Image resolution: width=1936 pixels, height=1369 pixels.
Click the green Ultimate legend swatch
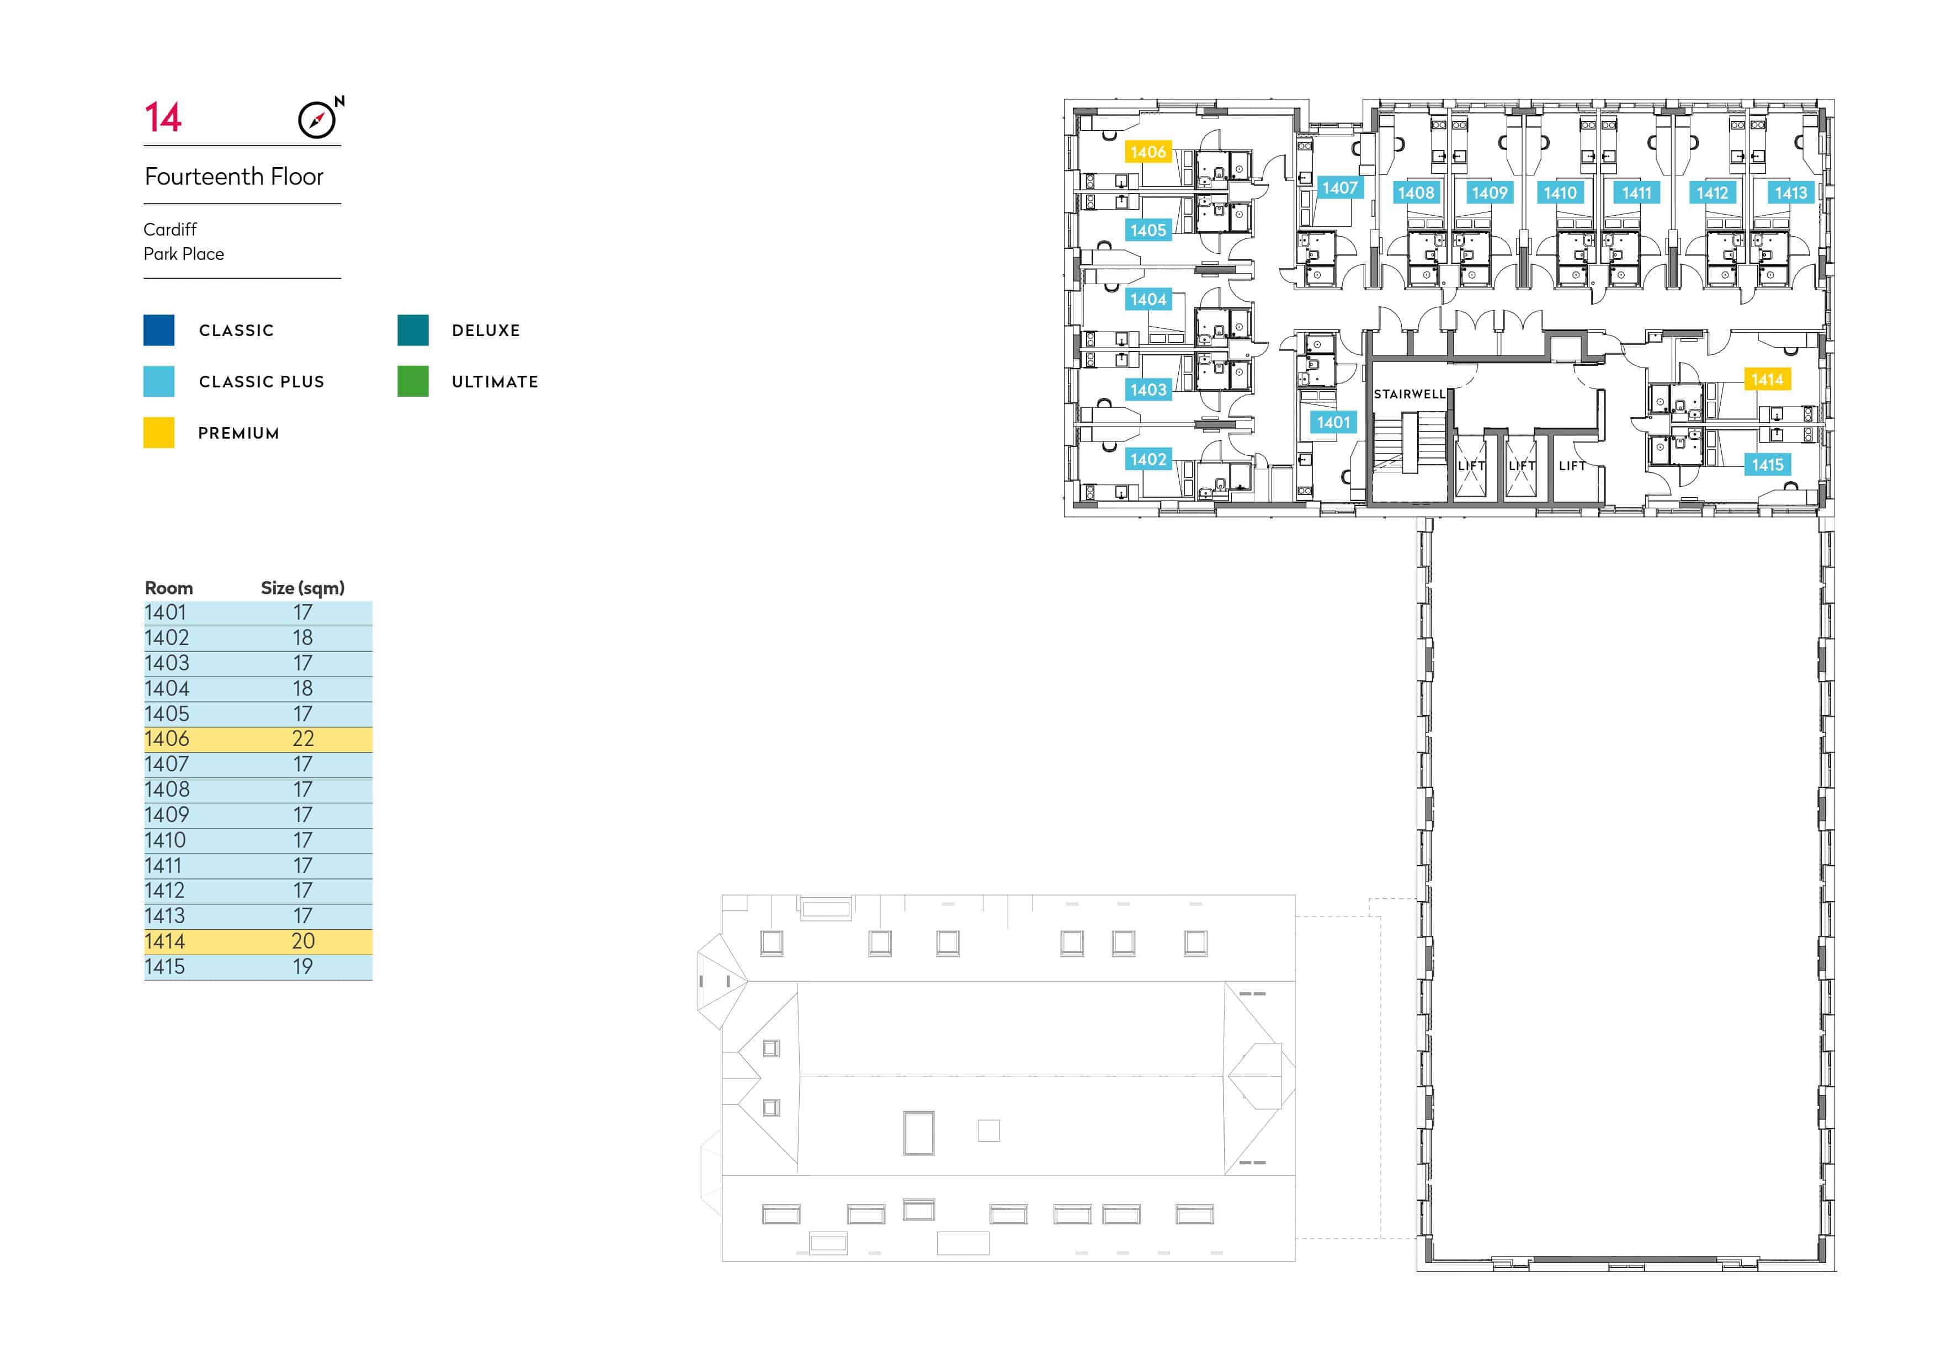coord(413,381)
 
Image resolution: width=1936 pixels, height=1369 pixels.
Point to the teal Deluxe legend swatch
coord(413,329)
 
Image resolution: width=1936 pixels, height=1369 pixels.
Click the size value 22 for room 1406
coord(303,739)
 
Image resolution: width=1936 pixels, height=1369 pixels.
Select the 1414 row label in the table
coord(164,941)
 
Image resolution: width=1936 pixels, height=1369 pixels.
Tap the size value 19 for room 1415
coord(303,967)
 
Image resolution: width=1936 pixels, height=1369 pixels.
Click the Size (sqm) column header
coord(303,588)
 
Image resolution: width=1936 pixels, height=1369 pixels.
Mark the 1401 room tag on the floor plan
coord(1333,422)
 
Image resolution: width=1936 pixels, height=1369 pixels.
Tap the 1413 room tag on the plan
coord(1790,193)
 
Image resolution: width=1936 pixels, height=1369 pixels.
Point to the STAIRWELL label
coord(1409,393)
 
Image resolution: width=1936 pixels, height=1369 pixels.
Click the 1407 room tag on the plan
coord(1340,188)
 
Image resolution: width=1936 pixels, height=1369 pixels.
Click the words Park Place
coord(184,254)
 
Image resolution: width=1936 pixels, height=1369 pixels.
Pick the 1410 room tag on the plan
coord(1560,193)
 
